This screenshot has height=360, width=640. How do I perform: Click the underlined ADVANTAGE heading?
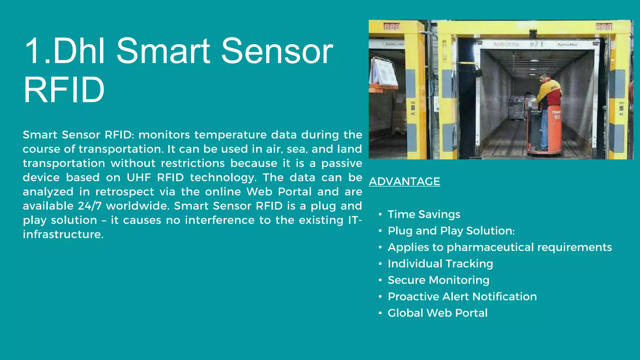[404, 182]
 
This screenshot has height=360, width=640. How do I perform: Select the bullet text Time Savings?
[424, 214]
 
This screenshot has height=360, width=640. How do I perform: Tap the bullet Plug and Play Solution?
[451, 231]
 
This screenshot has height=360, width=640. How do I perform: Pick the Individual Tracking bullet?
[440, 264]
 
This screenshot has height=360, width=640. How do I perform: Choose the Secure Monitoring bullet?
[438, 280]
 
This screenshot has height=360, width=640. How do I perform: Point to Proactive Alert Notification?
[462, 297]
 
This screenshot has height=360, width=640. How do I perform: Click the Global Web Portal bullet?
[437, 313]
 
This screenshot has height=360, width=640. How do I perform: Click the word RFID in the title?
[64, 90]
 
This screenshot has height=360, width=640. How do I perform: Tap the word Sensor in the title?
[277, 51]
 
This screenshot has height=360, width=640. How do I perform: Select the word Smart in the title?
[163, 51]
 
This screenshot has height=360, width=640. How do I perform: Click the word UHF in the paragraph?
[139, 177]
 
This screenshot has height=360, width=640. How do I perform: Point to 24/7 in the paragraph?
[89, 206]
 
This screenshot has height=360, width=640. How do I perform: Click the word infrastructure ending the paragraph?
[63, 234]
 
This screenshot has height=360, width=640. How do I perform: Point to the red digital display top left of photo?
[392, 27]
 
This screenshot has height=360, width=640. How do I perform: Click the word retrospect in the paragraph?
[124, 192]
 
